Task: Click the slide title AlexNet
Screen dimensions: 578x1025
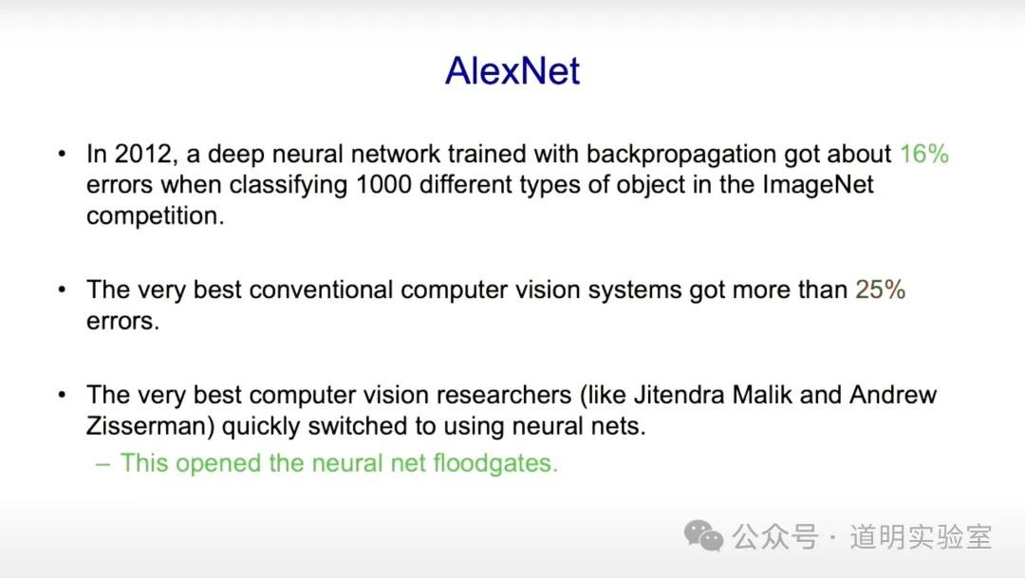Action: (x=512, y=71)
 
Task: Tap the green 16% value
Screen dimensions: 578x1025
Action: (x=923, y=154)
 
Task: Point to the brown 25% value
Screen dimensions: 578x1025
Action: (x=880, y=289)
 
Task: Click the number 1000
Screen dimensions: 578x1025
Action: (x=384, y=184)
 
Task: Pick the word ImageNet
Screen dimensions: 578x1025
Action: (x=818, y=184)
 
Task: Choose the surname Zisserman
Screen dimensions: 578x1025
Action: (x=146, y=426)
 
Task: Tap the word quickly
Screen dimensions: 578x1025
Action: (x=262, y=426)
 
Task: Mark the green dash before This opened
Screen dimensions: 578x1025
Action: (x=102, y=463)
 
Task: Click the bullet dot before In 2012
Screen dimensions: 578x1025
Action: (x=63, y=154)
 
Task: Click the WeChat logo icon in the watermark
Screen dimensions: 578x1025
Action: (x=703, y=536)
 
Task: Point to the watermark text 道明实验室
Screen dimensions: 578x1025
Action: (x=921, y=537)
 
